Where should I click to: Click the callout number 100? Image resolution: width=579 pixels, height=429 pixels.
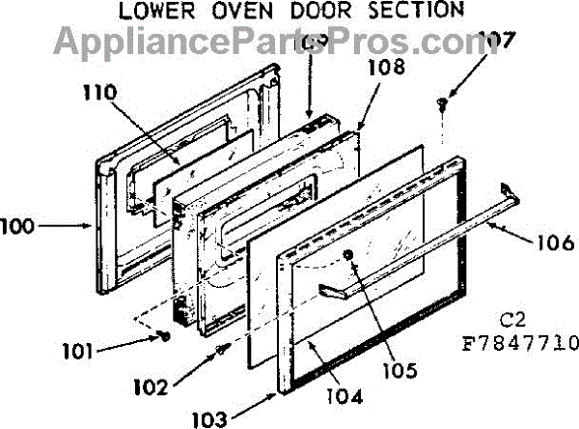20,228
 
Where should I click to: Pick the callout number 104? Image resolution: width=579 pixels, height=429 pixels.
344,395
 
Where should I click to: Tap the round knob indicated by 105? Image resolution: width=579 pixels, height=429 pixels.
348,254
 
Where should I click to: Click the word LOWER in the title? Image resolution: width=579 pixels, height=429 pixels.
152,11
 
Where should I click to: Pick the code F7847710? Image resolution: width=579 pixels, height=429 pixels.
520,343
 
